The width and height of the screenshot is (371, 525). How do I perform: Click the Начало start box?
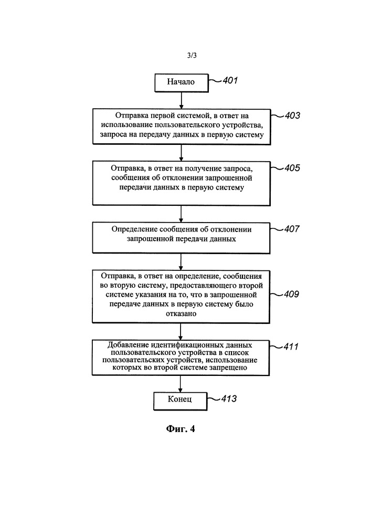point(182,83)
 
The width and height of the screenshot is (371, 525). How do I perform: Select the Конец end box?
point(181,401)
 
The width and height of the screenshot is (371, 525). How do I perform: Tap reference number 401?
point(230,80)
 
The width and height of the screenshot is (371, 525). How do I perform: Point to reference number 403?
point(292,115)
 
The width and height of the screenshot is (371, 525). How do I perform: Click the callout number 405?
point(292,168)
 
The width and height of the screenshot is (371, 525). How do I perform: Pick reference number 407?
point(292,229)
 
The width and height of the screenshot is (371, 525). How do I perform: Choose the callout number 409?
point(291,294)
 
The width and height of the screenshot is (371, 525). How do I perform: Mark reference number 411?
point(291,346)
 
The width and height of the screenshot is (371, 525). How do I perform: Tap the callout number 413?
point(229,398)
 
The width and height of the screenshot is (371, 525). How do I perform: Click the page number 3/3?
point(192,55)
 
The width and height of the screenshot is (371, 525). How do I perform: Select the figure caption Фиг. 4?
point(181,429)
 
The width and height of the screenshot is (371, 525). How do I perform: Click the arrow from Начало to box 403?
point(182,100)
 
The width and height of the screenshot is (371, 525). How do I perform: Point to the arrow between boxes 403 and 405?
point(182,153)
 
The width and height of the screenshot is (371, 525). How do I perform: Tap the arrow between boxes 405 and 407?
point(181,214)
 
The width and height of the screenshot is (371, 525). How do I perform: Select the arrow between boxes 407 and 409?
point(181,262)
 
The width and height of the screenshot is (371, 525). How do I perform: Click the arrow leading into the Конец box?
point(181,384)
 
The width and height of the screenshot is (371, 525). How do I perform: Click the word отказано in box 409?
point(181,314)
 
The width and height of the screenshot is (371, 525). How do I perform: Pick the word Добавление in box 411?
point(128,345)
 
